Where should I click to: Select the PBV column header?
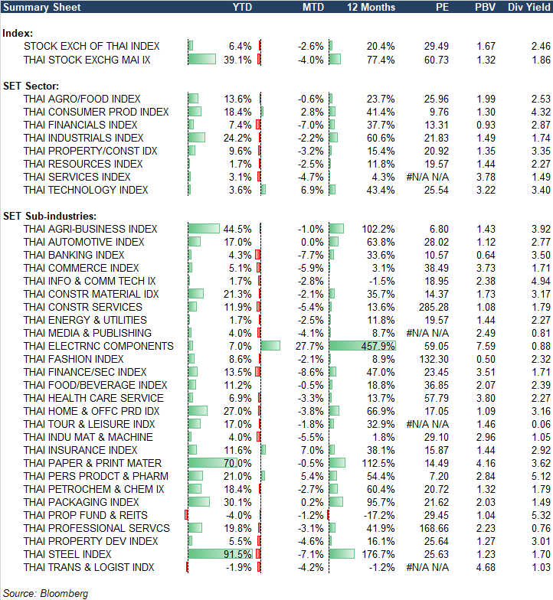click(485, 8)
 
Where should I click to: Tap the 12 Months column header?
click(371, 8)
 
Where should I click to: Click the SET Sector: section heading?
click(31, 86)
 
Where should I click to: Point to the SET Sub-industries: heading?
click(48, 217)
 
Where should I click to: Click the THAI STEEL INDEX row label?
click(67, 554)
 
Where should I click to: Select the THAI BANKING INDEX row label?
click(74, 255)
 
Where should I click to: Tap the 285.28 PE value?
click(434, 307)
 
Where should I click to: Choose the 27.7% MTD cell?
click(309, 346)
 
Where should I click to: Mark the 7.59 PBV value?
click(485, 346)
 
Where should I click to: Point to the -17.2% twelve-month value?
click(379, 515)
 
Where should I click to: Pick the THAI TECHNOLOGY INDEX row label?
click(86, 190)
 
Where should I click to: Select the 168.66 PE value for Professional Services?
click(434, 528)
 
